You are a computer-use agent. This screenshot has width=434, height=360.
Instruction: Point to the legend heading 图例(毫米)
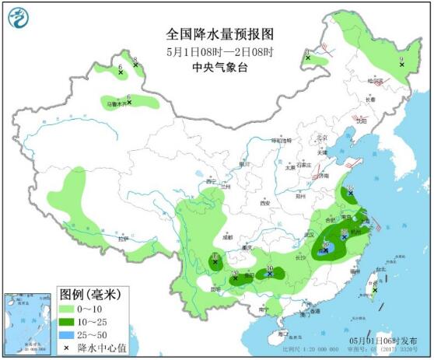[x=89, y=295]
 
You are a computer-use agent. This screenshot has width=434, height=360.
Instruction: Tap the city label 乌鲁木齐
[x=114, y=104]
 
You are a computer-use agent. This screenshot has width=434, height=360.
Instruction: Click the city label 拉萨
[x=122, y=239]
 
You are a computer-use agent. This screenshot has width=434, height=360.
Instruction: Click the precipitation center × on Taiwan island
[x=376, y=289]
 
